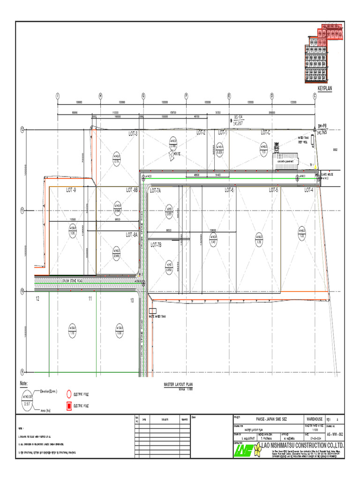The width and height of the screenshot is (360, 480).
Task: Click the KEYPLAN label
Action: point(324,88)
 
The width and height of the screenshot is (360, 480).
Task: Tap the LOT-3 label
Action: point(133,134)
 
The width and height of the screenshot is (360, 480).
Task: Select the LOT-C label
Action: point(266,133)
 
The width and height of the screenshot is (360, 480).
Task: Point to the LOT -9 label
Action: point(71,190)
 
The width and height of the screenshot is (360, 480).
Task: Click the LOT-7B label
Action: point(156,245)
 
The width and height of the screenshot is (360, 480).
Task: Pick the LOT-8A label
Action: point(132,234)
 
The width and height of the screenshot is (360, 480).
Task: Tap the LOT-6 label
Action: point(229,190)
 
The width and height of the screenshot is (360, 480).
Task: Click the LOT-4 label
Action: point(308,190)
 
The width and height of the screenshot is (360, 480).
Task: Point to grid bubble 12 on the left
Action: point(22,129)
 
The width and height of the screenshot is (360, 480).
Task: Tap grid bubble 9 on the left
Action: point(22,371)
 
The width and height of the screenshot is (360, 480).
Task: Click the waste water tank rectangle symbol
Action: point(151,311)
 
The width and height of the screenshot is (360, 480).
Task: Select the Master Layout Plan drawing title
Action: point(178,384)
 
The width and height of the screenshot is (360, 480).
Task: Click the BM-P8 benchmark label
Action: point(322,127)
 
